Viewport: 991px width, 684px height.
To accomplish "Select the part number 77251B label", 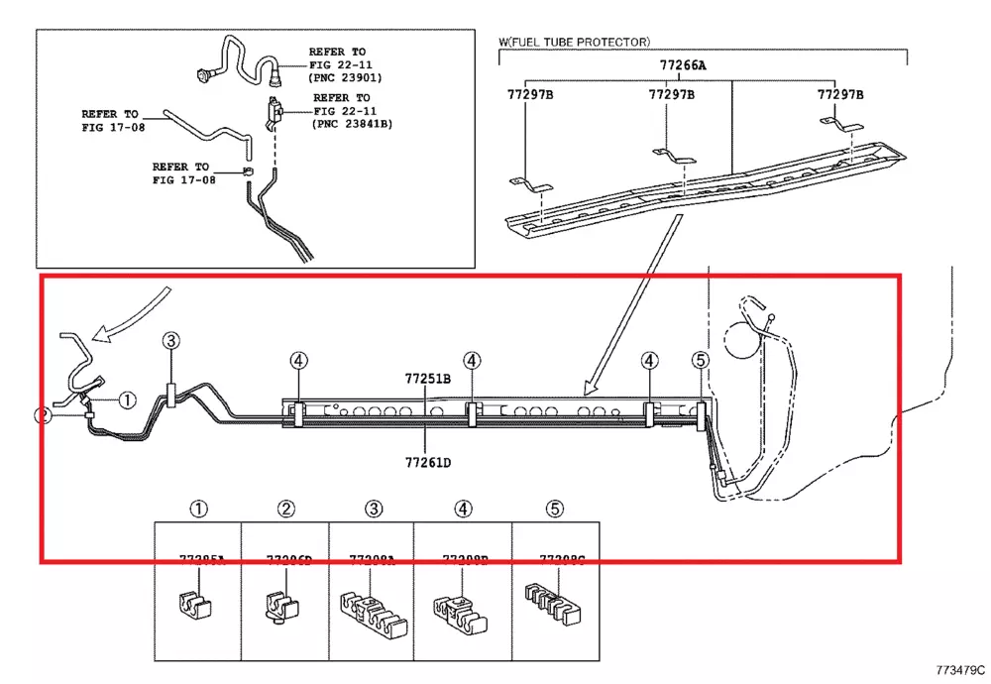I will tap(427, 379).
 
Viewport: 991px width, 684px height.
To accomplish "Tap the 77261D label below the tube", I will tap(427, 461).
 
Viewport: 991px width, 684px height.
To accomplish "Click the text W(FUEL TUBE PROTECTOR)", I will tap(574, 43).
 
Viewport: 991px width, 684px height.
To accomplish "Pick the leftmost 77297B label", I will tap(530, 95).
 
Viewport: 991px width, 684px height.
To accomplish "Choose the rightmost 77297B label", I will tap(839, 95).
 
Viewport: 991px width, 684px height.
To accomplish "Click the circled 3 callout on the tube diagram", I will tap(171, 341).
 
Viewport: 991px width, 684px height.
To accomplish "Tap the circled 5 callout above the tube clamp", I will tap(700, 361).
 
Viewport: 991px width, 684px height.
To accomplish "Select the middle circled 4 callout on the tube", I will tap(472, 361).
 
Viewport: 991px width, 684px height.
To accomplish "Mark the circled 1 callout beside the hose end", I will tap(127, 400).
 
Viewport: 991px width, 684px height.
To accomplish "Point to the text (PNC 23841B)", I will tap(352, 124).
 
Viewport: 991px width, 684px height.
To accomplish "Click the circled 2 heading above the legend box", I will tap(285, 510).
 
